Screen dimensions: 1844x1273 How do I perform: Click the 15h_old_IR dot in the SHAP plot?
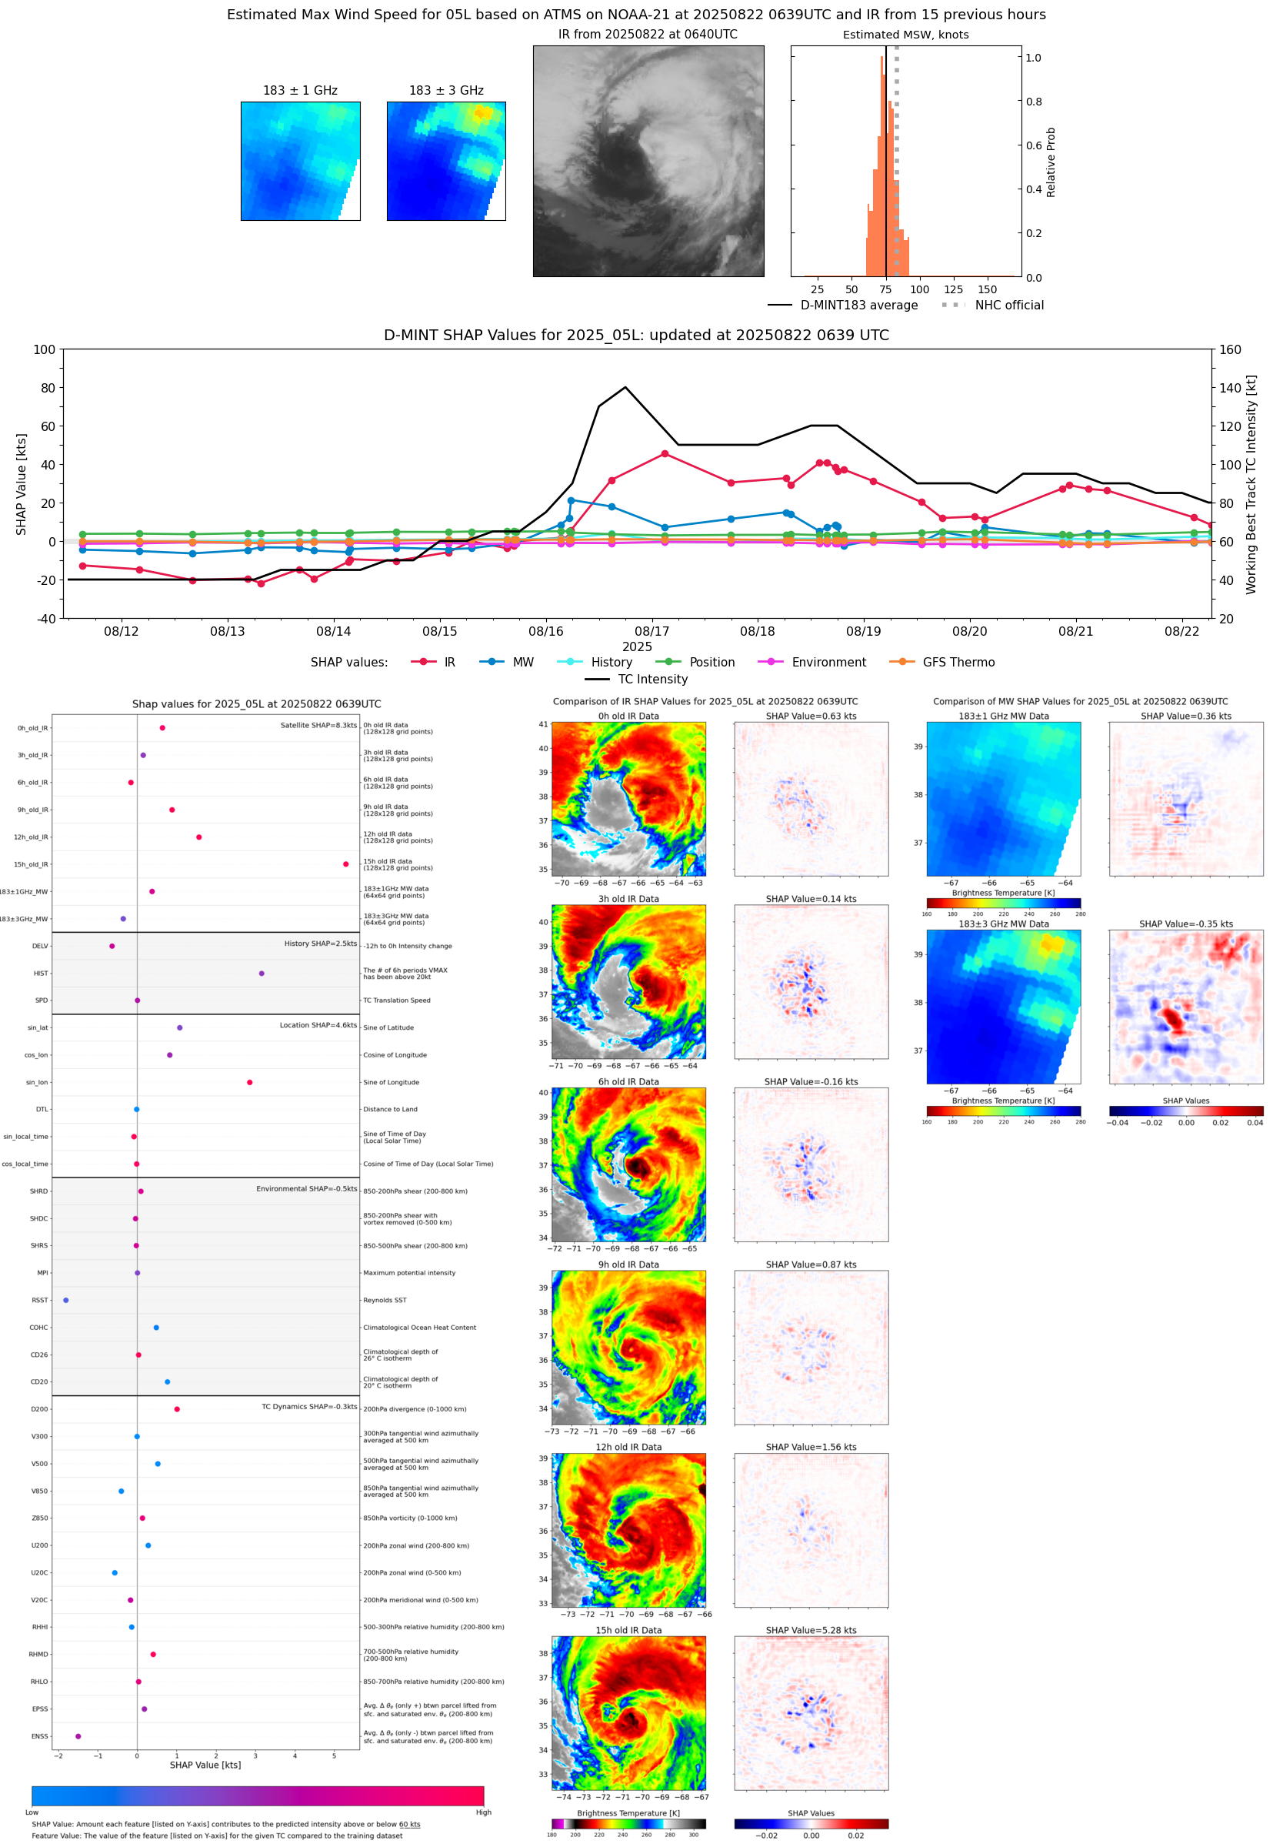[345, 864]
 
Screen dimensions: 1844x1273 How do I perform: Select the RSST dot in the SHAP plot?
[66, 1300]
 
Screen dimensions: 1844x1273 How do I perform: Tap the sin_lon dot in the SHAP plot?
[250, 1082]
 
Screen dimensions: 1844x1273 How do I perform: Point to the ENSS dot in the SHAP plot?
[78, 1736]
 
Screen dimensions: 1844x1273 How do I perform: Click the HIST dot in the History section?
[262, 974]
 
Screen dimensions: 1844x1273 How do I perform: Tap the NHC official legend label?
[1009, 305]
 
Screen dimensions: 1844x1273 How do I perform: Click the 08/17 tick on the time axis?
[651, 631]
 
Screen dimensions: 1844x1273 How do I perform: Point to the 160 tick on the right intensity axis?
[1230, 349]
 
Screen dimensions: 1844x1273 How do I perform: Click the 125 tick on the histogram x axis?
[953, 289]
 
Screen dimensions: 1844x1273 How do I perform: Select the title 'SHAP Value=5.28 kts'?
[811, 1630]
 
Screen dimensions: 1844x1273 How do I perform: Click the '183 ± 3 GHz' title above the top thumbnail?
[446, 91]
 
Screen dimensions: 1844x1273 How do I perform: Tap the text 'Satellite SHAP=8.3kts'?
[318, 725]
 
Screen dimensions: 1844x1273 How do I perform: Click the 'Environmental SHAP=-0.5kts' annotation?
[306, 1188]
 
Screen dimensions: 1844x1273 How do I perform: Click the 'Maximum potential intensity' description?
[409, 1273]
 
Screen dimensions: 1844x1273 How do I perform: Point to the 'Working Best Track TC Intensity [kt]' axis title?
[1251, 484]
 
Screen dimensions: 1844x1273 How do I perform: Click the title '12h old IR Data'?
[628, 1447]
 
